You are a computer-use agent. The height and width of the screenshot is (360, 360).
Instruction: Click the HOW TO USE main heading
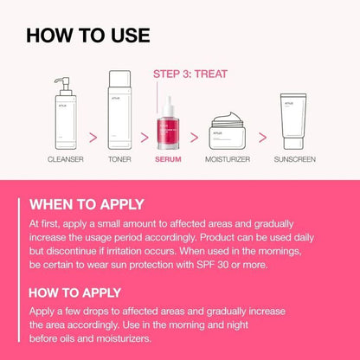click(x=88, y=35)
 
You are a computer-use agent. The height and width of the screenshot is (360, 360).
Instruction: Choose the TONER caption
click(x=119, y=160)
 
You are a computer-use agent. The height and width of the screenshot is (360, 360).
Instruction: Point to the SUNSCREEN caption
click(x=294, y=160)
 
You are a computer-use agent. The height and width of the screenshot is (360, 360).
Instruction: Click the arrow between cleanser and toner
click(x=90, y=135)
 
